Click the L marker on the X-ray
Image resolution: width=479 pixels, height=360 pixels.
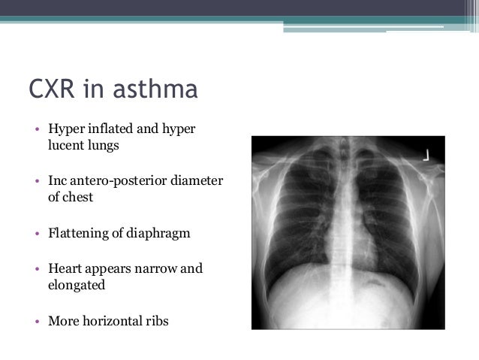[x=425, y=155]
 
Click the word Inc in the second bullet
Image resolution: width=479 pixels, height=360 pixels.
[x=58, y=181]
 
